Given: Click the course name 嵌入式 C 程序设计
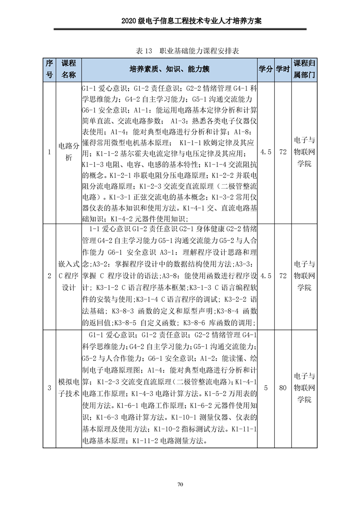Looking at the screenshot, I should (x=69, y=275).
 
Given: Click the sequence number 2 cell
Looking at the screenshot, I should (x=49, y=276).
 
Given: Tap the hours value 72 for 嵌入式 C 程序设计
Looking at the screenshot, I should (x=283, y=276).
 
